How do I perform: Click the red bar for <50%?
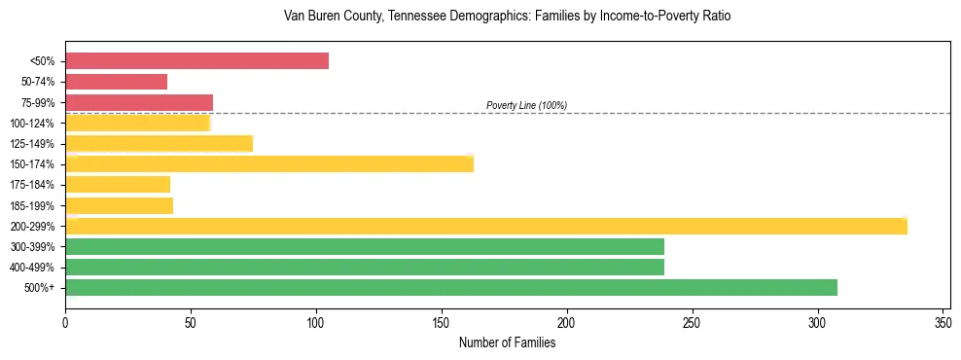pos(196,61)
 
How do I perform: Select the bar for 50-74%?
pos(116,82)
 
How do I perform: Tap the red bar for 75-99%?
pos(138,102)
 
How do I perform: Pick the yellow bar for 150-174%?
pos(268,163)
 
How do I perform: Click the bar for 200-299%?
pos(485,226)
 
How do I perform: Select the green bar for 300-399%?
pos(365,246)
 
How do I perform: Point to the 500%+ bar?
pos(450,287)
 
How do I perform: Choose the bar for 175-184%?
pos(118,184)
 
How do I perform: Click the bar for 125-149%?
pos(159,143)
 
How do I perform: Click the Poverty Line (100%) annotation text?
pos(526,105)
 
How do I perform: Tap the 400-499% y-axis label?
pos(32,268)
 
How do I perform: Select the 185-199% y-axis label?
pos(32,205)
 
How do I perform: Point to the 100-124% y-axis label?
pos(32,124)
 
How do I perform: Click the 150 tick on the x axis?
pos(442,322)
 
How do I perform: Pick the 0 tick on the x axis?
pos(65,322)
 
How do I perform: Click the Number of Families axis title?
pos(507,342)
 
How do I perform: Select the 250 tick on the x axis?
pos(692,322)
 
